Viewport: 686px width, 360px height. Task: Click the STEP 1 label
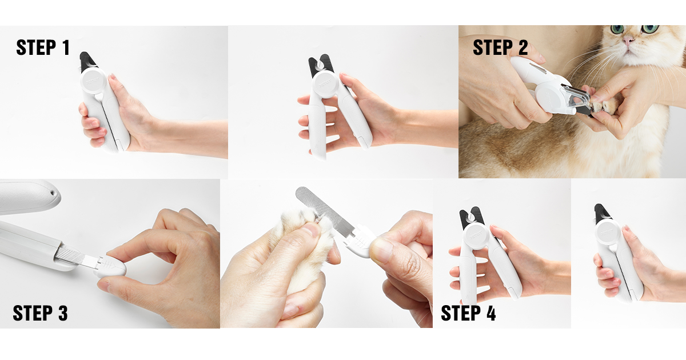(43, 47)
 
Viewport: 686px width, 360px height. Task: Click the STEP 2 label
(500, 48)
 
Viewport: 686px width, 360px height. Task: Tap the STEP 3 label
(40, 313)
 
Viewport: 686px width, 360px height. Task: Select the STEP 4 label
(468, 313)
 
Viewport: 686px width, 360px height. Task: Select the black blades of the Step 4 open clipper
(472, 216)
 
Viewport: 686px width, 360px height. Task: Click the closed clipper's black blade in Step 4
(601, 213)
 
